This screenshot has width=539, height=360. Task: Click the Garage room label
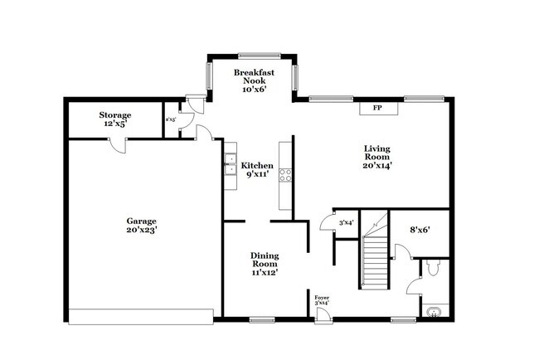(x=141, y=225)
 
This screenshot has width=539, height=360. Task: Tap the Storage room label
(x=115, y=119)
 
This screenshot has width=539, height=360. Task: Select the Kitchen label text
(x=257, y=170)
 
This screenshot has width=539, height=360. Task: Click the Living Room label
(x=377, y=158)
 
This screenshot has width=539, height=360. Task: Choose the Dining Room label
(x=265, y=263)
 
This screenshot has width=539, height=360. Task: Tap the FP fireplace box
(x=377, y=108)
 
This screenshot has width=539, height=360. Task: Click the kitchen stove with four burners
(x=285, y=175)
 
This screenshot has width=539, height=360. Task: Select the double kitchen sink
(x=228, y=167)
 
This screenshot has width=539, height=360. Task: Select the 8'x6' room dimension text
(x=420, y=229)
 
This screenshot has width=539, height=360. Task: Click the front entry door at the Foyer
(x=322, y=316)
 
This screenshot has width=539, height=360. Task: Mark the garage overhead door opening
(x=141, y=317)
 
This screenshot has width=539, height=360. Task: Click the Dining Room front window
(x=262, y=319)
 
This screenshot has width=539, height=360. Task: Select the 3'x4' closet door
(x=326, y=221)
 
